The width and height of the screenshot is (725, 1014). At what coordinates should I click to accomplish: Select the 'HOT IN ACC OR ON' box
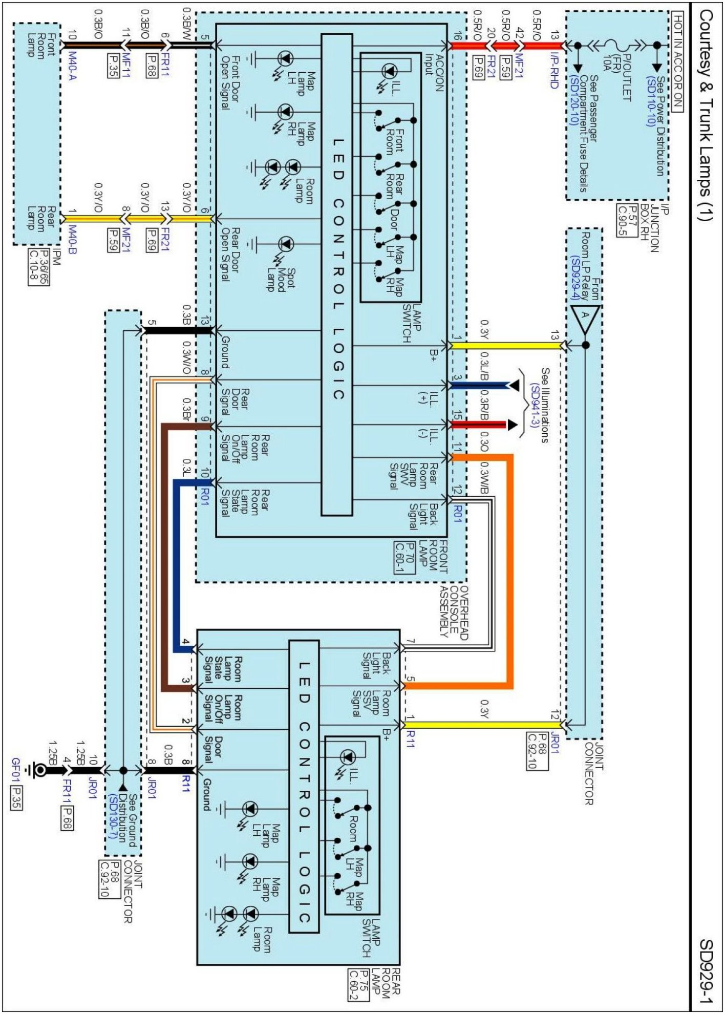pos(677,61)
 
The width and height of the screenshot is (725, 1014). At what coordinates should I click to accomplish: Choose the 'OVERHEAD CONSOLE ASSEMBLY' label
pos(453,612)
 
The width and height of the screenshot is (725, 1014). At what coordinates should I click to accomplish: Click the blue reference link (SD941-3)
pos(535,410)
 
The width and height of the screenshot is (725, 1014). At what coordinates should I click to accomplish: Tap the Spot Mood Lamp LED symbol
pos(286,245)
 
